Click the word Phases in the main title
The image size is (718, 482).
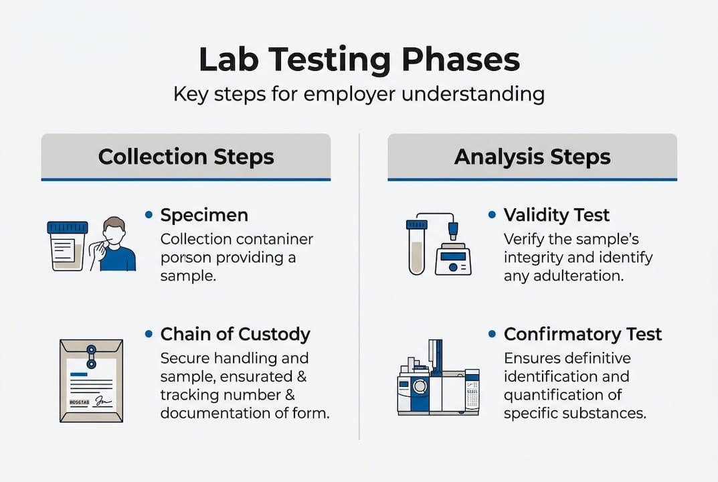pyautogui.click(x=460, y=60)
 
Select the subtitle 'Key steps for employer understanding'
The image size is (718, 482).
pyautogui.click(x=359, y=94)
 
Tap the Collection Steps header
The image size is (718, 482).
pyautogui.click(x=186, y=157)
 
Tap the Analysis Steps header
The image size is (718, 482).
pyautogui.click(x=532, y=157)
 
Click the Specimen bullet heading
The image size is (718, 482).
pyautogui.click(x=204, y=215)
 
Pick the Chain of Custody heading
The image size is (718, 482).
pyautogui.click(x=235, y=334)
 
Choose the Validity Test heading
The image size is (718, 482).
pyautogui.click(x=556, y=215)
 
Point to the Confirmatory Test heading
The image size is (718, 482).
pyautogui.click(x=582, y=334)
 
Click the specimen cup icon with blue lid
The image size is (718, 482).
pyautogui.click(x=68, y=246)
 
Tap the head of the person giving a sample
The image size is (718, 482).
pyautogui.click(x=114, y=232)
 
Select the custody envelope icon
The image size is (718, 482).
pyautogui.click(x=91, y=381)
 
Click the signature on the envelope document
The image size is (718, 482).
pyautogui.click(x=103, y=402)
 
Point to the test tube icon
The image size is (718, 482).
pyautogui.click(x=416, y=247)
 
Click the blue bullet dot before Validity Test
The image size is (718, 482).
pyautogui.click(x=492, y=214)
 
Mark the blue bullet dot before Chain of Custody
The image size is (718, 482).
pyautogui.click(x=149, y=333)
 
